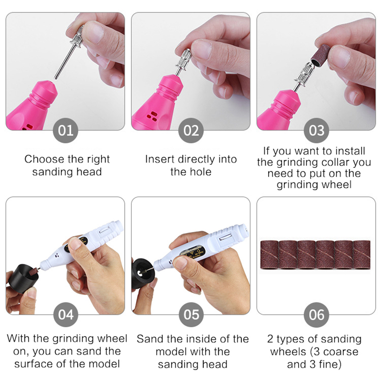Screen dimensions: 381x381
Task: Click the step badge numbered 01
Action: pos(65,130)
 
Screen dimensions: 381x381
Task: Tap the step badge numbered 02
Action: pos(191,130)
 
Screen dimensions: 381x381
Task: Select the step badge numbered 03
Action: pos(316,130)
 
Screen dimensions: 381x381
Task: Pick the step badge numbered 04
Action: pos(66,315)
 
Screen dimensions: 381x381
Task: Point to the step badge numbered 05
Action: pos(191,315)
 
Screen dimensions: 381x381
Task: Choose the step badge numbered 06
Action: pos(316,315)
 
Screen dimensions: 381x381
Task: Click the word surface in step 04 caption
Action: pos(34,364)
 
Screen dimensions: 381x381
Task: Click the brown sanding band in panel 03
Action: pos(321,55)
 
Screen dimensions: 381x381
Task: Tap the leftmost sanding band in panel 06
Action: pos(270,255)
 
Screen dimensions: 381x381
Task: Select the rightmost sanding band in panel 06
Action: pos(361,255)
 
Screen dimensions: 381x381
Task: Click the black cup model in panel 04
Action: pos(22,279)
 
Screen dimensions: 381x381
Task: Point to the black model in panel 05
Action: pos(142,273)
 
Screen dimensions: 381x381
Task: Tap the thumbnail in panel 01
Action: pos(93,32)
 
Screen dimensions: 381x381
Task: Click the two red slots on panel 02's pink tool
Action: pos(152,116)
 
